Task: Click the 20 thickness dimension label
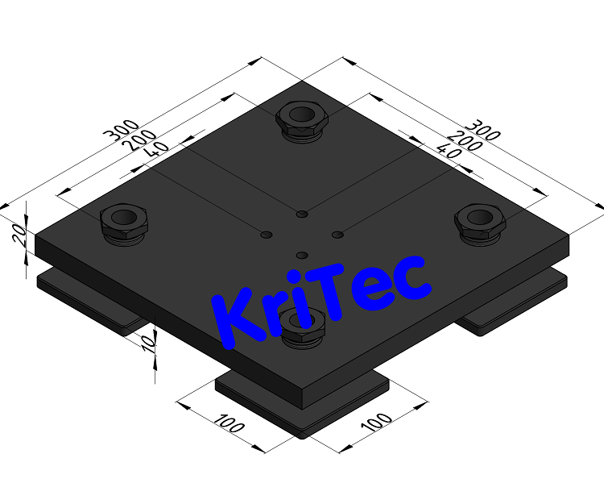pyautogui.click(x=23, y=238)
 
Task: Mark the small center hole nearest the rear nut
pyautogui.click(x=301, y=214)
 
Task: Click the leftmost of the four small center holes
pyautogui.click(x=267, y=235)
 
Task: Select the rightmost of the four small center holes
pyautogui.click(x=337, y=235)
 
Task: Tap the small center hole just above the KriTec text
pyautogui.click(x=301, y=255)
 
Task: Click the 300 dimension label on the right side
pyautogui.click(x=485, y=128)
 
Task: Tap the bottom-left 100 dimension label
pyautogui.click(x=230, y=424)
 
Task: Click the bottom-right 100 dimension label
pyautogui.click(x=376, y=424)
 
